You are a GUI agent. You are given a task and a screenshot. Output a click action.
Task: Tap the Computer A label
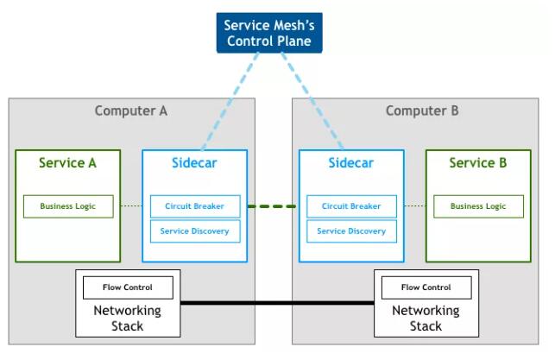pos(131,111)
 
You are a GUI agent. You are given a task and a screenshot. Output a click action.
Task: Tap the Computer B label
pos(422,111)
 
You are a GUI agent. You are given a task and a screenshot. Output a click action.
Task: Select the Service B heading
pos(478,163)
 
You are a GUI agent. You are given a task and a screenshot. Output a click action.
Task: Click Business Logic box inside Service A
pos(68,206)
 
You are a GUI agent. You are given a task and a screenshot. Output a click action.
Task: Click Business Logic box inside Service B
pos(478,206)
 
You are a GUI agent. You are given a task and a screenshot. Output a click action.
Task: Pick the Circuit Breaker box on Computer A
pos(194,206)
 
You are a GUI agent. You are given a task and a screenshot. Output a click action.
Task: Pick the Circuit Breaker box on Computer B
pos(351,206)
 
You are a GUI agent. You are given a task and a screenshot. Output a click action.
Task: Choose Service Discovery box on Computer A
pos(194,231)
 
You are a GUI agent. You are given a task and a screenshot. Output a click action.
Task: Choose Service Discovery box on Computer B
pos(351,231)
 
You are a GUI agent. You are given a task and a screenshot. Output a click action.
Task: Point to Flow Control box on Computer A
pos(128,287)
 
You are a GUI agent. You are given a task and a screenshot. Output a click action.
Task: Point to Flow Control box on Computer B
pos(426,287)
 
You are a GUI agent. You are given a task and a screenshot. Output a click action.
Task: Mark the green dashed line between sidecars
pos(273,206)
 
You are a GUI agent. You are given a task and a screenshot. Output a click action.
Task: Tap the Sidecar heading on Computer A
pos(194,163)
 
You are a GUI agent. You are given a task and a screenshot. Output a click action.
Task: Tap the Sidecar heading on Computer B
pos(351,163)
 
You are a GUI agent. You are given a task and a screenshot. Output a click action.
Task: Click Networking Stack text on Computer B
pos(426,318)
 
